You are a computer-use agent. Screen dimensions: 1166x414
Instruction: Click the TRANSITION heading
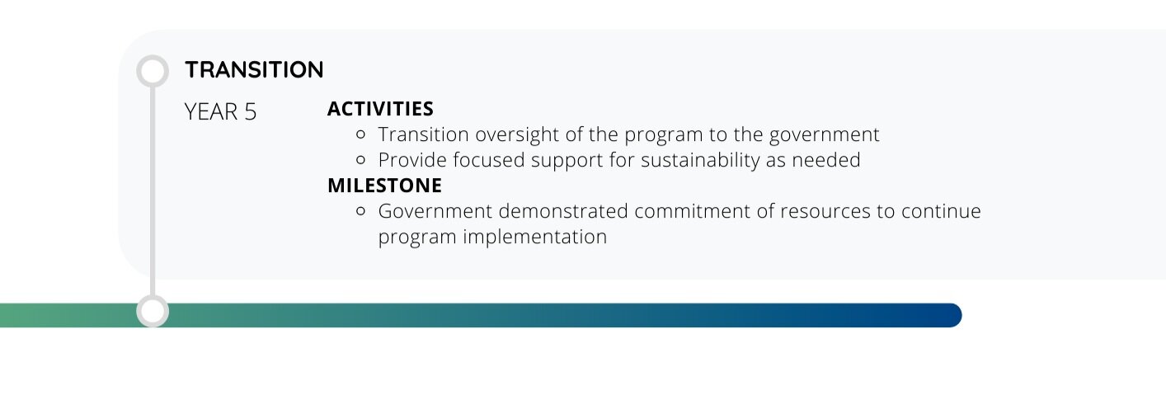(254, 70)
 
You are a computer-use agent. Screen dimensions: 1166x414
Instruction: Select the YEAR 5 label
(221, 112)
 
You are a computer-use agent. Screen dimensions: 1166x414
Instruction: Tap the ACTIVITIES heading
(380, 109)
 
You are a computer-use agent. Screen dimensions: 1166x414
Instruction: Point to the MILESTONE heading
(384, 186)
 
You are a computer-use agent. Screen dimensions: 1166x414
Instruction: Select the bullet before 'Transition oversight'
(360, 134)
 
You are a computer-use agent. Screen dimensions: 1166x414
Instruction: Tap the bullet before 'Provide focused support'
(360, 160)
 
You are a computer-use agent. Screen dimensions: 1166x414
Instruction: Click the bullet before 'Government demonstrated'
(360, 211)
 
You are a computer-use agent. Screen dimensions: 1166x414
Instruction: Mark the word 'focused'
(489, 160)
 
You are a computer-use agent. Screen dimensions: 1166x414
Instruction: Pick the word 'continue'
(941, 211)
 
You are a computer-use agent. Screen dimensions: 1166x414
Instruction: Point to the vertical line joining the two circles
(153, 191)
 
